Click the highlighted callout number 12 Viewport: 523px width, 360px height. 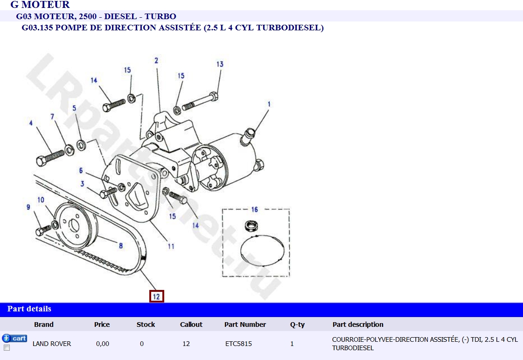click(156, 296)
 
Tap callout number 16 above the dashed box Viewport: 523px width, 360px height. click(254, 209)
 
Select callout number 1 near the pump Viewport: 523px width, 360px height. click(269, 104)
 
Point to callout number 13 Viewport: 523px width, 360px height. click(220, 64)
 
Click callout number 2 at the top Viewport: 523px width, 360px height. click(156, 60)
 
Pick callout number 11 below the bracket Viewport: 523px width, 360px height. click(171, 246)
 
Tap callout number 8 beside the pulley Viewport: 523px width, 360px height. click(121, 246)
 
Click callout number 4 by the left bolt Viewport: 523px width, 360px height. click(31, 123)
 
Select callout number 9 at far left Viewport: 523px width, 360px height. click(28, 207)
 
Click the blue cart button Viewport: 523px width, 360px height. click(14, 338)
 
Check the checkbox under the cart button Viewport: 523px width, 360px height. click(7, 348)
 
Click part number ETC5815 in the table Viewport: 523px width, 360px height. click(238, 344)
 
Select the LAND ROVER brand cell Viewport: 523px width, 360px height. click(52, 344)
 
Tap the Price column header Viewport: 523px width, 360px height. click(102, 325)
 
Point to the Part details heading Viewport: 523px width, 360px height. click(29, 309)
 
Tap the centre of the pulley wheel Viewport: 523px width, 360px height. click(75, 228)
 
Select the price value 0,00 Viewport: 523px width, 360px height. click(103, 344)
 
